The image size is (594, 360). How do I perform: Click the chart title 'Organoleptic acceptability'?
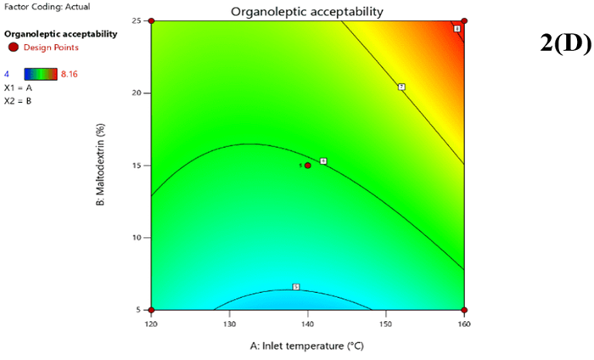(x=307, y=12)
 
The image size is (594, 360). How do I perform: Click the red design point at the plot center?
(x=307, y=166)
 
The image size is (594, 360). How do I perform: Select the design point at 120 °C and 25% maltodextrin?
(x=151, y=21)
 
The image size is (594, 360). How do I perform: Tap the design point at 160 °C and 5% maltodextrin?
(x=464, y=310)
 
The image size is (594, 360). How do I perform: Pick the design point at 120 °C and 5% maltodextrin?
(x=151, y=310)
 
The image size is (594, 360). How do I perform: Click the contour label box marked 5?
(x=295, y=287)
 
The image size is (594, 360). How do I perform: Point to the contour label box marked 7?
(x=401, y=87)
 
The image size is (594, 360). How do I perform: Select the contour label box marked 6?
(x=323, y=161)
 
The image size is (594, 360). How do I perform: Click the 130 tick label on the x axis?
(x=229, y=323)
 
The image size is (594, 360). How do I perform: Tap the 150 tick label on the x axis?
(x=385, y=323)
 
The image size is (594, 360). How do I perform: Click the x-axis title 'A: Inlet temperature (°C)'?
(x=307, y=346)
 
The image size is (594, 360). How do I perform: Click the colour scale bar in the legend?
(x=41, y=74)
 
